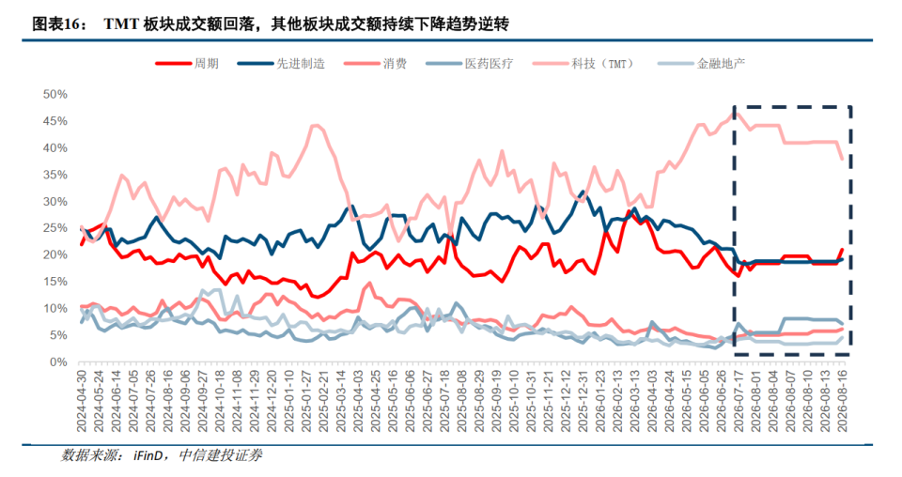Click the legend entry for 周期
tap(188, 63)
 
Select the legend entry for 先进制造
tap(281, 63)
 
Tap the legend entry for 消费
tap(376, 63)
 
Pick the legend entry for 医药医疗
tap(470, 63)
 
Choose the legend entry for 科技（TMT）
tap(584, 63)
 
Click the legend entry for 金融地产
tap(701, 63)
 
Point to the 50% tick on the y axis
tap(55, 94)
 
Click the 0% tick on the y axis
tap(58, 362)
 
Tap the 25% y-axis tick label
tap(55, 228)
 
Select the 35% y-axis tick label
tap(55, 175)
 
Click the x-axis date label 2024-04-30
tap(81, 401)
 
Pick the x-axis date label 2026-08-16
tap(844, 401)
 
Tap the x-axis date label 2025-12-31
tap(583, 401)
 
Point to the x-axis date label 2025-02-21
tap(324, 401)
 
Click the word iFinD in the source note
tap(148, 455)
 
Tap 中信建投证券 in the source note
tap(220, 455)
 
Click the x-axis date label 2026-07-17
tap(739, 401)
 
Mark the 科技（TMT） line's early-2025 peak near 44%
tap(315, 125)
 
